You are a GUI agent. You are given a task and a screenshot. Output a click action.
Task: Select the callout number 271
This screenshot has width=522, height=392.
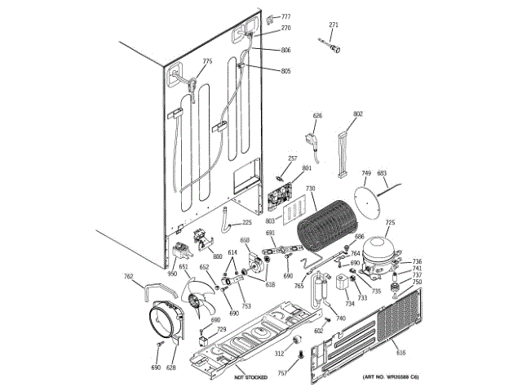tap(333, 25)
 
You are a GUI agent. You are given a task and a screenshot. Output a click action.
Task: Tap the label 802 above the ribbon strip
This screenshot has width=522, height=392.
tap(358, 114)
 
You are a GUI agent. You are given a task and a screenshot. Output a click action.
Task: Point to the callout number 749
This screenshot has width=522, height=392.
tap(366, 173)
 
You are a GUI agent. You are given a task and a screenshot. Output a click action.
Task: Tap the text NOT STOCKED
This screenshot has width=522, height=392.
tap(251, 377)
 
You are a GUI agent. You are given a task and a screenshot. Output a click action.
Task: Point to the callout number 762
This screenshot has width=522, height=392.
tap(128, 276)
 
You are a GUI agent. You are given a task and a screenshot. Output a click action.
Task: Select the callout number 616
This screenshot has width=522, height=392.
tap(400, 352)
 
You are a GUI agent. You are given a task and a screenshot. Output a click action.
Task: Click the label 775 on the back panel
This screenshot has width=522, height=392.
tap(207, 61)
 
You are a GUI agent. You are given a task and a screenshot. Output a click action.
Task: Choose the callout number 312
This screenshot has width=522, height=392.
tap(279, 354)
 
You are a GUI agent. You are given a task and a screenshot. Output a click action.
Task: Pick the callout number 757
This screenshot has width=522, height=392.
tap(282, 373)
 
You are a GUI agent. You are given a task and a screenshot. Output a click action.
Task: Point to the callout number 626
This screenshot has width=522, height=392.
tap(318, 116)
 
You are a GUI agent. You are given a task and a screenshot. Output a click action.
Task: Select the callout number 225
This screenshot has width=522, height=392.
tap(246, 222)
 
